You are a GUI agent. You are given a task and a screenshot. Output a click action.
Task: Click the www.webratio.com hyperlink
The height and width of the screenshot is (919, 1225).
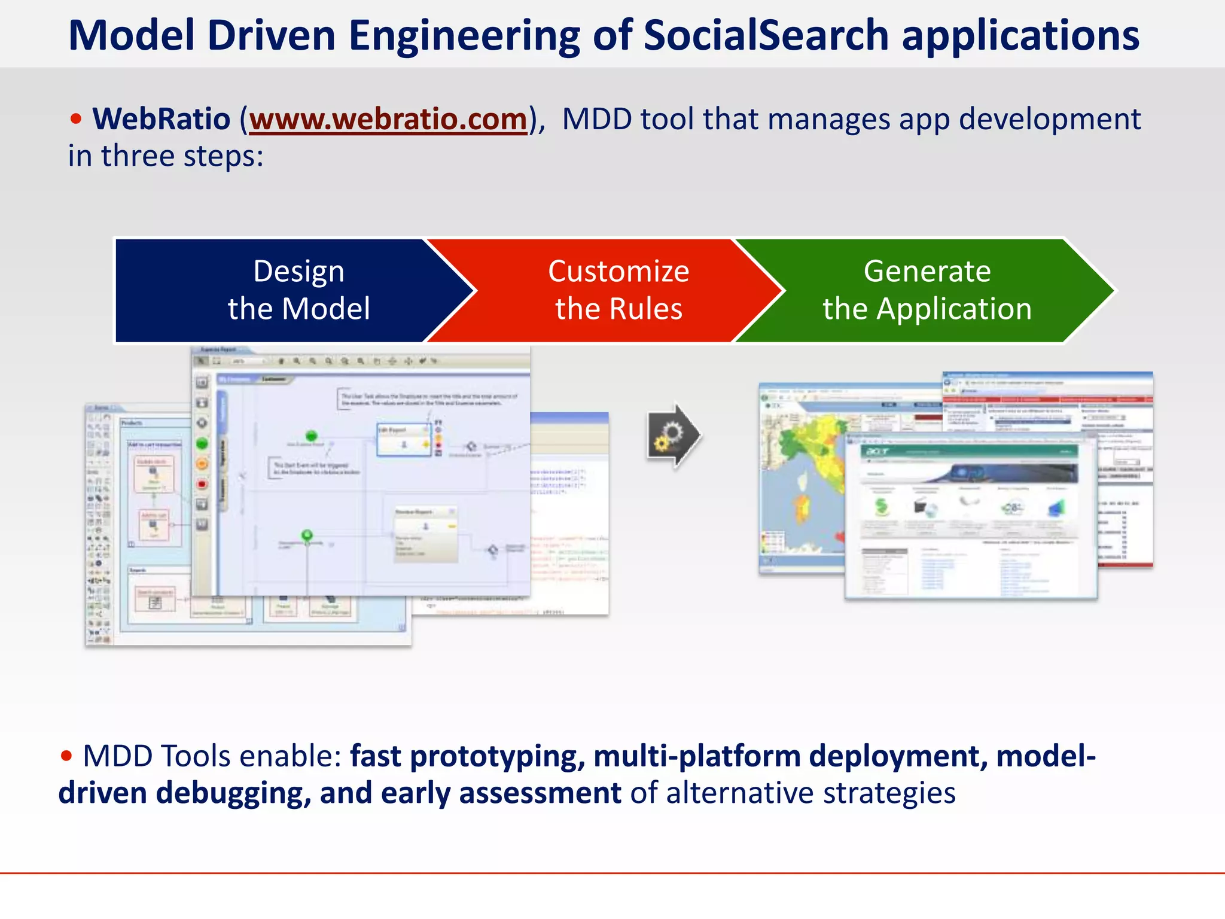[388, 119]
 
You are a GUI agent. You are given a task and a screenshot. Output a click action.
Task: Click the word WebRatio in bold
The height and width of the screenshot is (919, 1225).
[161, 119]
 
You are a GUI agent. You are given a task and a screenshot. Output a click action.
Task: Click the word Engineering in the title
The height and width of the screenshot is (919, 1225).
[464, 36]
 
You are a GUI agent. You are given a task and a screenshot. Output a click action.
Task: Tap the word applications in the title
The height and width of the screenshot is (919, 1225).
[1020, 36]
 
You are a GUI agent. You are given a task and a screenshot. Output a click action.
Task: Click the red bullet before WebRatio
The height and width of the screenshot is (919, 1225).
[75, 118]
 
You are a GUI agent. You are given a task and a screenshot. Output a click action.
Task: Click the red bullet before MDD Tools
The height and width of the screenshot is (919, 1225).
[66, 756]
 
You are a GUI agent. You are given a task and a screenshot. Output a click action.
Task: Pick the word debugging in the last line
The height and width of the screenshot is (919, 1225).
[234, 793]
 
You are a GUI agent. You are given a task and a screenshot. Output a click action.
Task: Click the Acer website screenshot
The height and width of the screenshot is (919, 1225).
[969, 515]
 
